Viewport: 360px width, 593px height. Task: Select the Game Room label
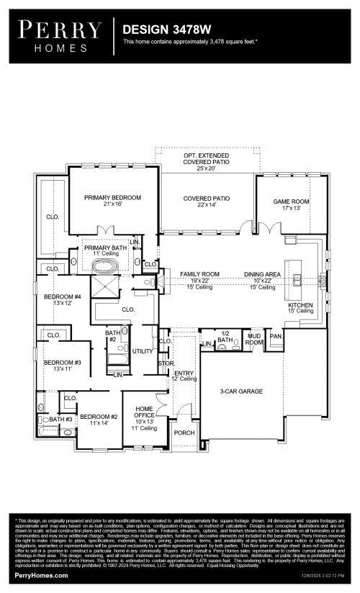[291, 203]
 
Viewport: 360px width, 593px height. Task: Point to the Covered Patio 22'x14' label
[206, 201]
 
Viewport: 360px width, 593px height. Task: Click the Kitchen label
[300, 306]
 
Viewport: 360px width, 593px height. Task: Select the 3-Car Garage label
[241, 391]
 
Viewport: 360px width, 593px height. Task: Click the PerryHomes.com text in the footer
[42, 576]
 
